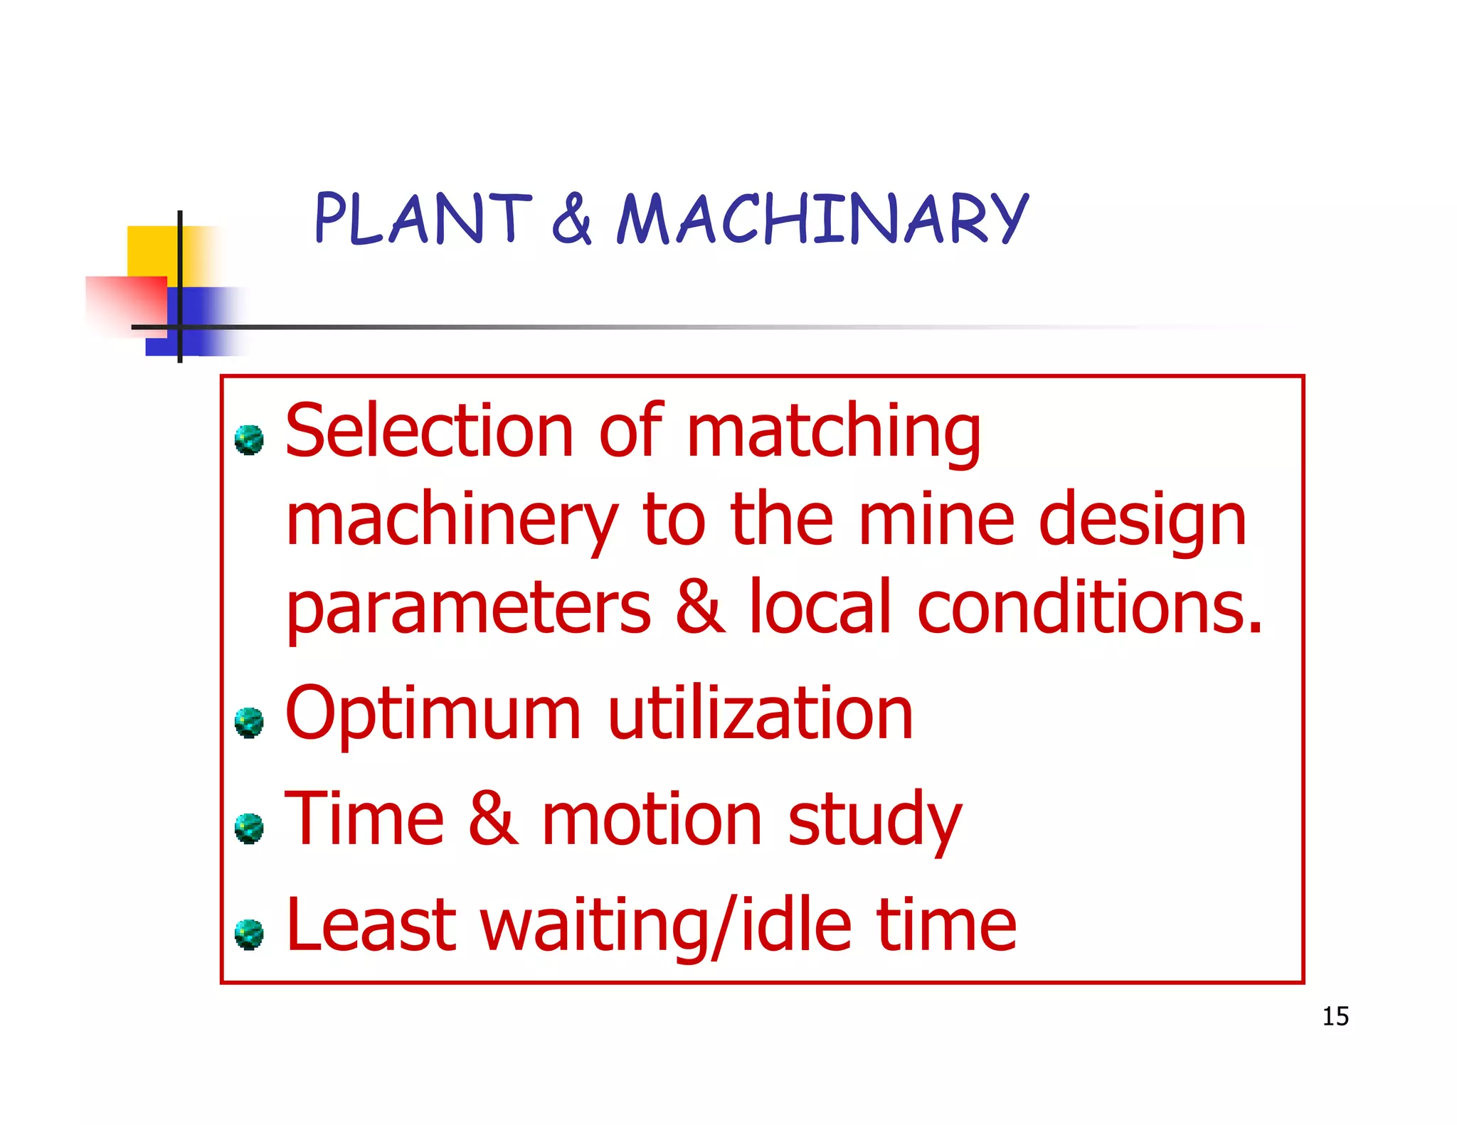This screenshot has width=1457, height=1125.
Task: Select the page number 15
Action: (1335, 1016)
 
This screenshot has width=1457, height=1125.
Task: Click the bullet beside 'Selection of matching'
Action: (249, 440)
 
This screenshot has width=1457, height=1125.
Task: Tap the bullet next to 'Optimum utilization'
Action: (249, 723)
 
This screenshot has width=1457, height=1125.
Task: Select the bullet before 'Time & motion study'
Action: (249, 828)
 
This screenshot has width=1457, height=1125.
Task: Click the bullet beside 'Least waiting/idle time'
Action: (249, 934)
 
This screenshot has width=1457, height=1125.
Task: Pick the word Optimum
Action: (433, 715)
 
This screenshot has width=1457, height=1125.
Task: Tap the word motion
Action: (652, 821)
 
